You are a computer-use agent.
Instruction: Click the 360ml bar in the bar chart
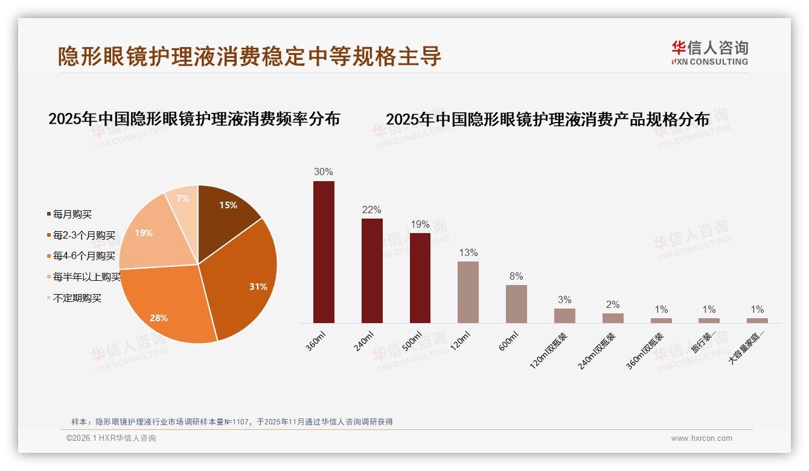point(324,252)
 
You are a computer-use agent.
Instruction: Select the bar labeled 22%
point(372,271)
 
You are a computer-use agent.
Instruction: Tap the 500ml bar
point(420,278)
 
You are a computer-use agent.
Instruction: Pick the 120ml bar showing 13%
point(468,292)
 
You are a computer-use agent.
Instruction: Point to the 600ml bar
point(516,304)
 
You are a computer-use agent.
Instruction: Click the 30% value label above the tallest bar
point(324,171)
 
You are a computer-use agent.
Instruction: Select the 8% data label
point(516,277)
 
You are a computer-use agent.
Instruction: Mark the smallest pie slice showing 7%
point(183,199)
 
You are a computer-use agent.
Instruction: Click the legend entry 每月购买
point(72,214)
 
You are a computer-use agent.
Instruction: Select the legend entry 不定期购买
point(77,298)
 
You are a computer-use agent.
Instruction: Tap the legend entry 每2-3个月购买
point(84,235)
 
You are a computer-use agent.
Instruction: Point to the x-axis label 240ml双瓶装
point(598,350)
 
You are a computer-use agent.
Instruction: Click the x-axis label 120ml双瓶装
point(549,350)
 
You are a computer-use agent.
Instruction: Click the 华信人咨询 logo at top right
point(709,53)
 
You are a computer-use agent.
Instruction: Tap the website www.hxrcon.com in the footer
point(702,438)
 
